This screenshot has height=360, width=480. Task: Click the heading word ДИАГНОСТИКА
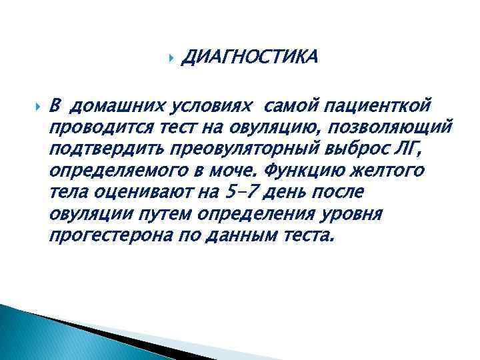point(249,58)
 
